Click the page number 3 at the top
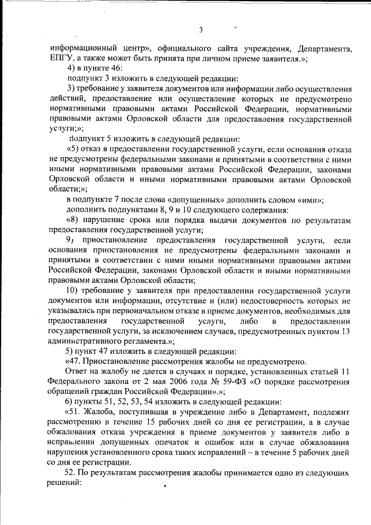point(201,30)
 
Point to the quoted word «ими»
point(310,199)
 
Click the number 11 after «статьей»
point(345,371)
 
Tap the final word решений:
point(66,483)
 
